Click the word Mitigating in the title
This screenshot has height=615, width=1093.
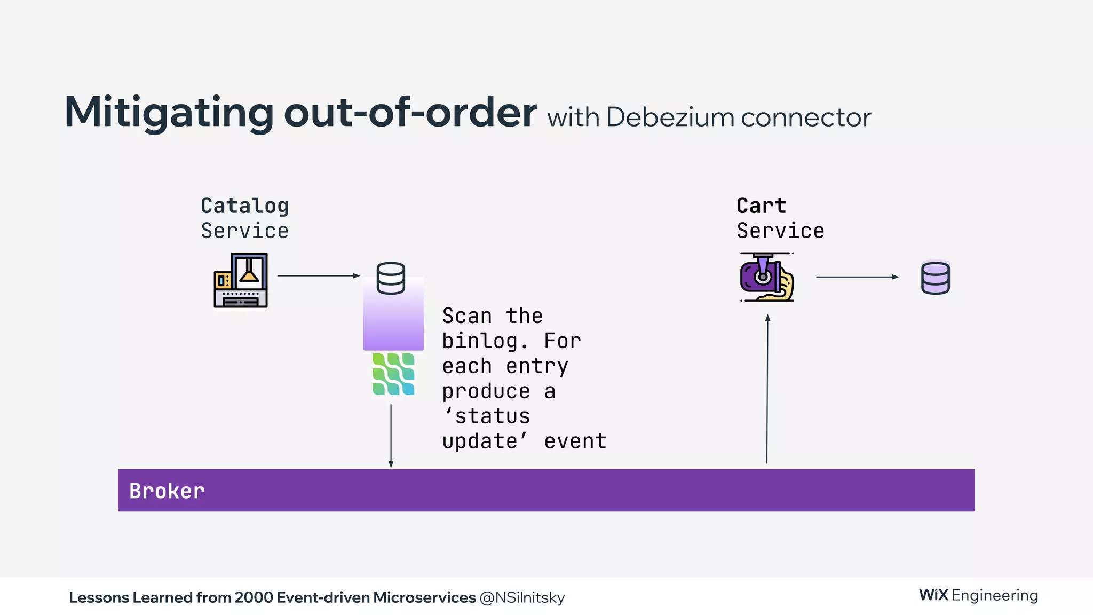(169, 113)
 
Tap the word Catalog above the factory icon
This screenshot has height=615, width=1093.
(244, 206)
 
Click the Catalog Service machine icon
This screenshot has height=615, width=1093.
(241, 280)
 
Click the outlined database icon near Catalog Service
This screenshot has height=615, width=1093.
(391, 278)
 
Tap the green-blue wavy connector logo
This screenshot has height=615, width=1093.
(393, 374)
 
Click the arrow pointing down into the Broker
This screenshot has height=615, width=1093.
(391, 436)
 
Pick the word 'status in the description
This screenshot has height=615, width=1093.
(487, 416)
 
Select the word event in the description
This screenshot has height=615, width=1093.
(575, 441)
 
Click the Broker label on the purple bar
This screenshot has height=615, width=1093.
(167, 491)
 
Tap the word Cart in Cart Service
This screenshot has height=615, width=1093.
(761, 206)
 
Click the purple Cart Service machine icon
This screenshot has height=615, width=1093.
(767, 277)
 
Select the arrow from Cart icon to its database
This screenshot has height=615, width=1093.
(857, 277)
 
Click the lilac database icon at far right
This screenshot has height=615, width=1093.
(936, 278)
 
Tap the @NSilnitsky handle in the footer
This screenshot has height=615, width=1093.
(522, 597)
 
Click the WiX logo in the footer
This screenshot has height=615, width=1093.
(933, 595)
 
